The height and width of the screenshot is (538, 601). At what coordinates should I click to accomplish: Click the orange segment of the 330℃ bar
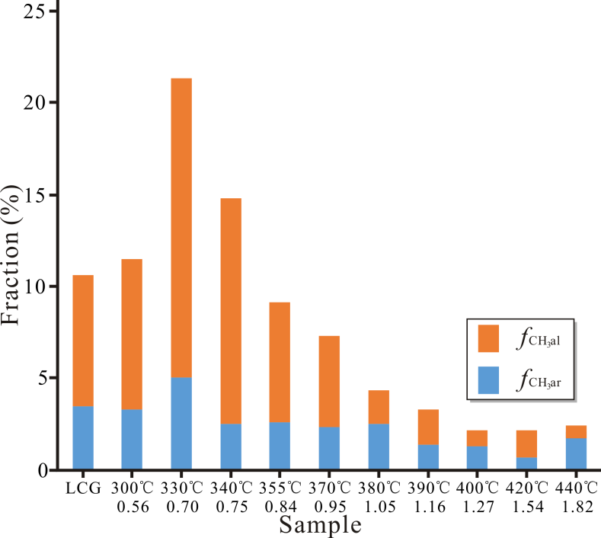click(181, 228)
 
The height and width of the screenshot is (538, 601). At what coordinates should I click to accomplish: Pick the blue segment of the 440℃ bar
click(576, 454)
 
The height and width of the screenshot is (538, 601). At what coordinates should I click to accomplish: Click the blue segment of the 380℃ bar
click(379, 447)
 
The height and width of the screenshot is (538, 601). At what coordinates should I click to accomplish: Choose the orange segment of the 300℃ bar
click(132, 335)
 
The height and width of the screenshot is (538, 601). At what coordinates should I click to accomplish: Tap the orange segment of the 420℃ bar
click(526, 444)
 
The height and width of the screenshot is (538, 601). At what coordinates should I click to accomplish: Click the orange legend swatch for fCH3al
click(488, 338)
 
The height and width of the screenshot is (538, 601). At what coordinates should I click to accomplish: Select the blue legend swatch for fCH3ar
click(488, 379)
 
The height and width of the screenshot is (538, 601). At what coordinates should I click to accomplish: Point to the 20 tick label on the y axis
click(36, 103)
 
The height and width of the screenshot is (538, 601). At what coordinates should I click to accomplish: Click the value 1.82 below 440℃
click(576, 506)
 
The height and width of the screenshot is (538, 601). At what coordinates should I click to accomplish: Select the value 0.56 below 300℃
click(132, 506)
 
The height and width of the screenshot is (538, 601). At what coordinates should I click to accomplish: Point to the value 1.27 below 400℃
click(477, 506)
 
